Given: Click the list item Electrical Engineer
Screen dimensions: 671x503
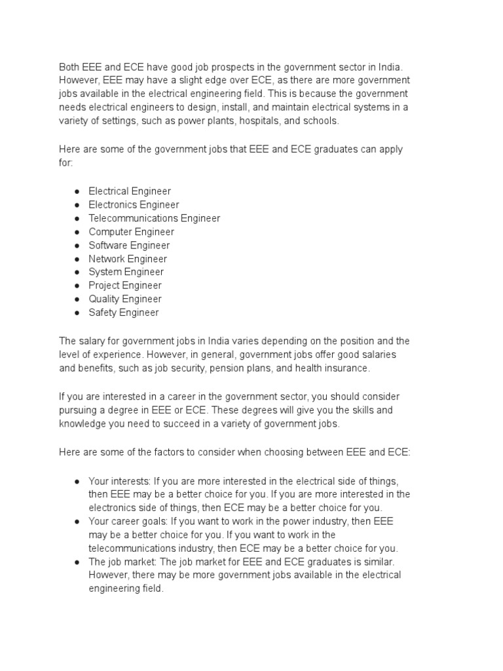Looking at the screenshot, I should (x=130, y=191).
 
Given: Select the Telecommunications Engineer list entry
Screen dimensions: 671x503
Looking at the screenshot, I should (x=154, y=218).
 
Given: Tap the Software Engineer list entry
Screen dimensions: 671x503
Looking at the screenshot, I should (x=129, y=245).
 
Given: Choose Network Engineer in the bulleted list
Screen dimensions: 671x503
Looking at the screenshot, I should (x=128, y=259).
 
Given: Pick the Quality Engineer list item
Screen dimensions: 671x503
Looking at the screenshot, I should (x=125, y=299).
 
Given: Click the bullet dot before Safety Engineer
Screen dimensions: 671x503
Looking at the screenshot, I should (x=77, y=313).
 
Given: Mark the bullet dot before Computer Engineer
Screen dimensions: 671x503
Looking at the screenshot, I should (x=77, y=232).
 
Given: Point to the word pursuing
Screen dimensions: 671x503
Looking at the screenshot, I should (x=79, y=410).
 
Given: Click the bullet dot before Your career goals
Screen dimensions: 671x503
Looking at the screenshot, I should (x=77, y=522).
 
